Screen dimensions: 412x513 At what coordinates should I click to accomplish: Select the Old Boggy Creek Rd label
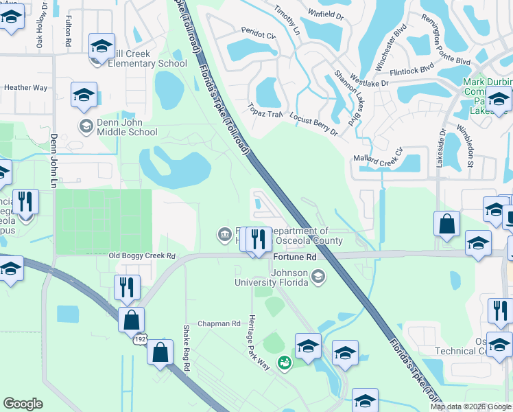(142, 255)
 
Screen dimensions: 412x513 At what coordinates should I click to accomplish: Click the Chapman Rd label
(219, 323)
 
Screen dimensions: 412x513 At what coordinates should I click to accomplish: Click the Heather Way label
(25, 88)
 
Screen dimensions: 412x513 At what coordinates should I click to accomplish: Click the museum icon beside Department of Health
(224, 236)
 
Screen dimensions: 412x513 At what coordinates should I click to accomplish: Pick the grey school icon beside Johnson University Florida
(317, 276)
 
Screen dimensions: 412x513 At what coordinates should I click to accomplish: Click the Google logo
(23, 404)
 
